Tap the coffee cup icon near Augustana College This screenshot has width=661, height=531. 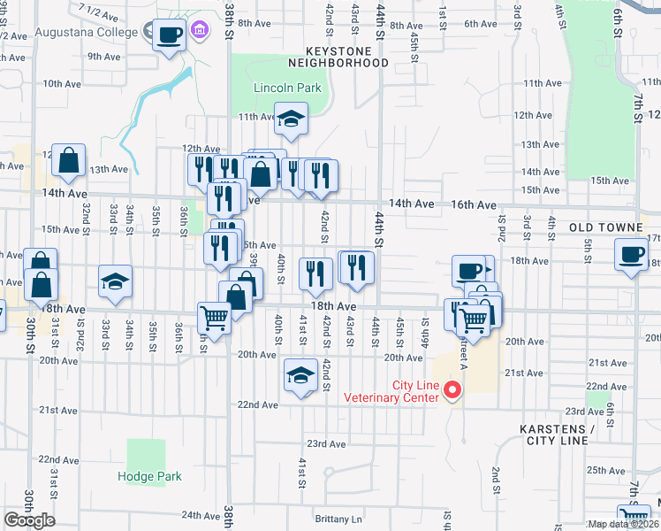170,35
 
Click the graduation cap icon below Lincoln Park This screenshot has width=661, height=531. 289,119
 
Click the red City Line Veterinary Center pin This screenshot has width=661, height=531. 453,389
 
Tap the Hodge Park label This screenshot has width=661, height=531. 150,476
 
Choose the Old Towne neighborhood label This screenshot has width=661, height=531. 605,227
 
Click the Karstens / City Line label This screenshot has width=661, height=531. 554,435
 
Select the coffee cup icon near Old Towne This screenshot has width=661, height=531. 631,254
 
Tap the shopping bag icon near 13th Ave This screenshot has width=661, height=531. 68,161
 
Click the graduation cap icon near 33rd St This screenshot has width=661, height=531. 115,281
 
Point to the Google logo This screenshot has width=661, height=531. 29,520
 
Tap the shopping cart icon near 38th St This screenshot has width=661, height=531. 214,317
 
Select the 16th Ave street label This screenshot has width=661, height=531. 476,204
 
